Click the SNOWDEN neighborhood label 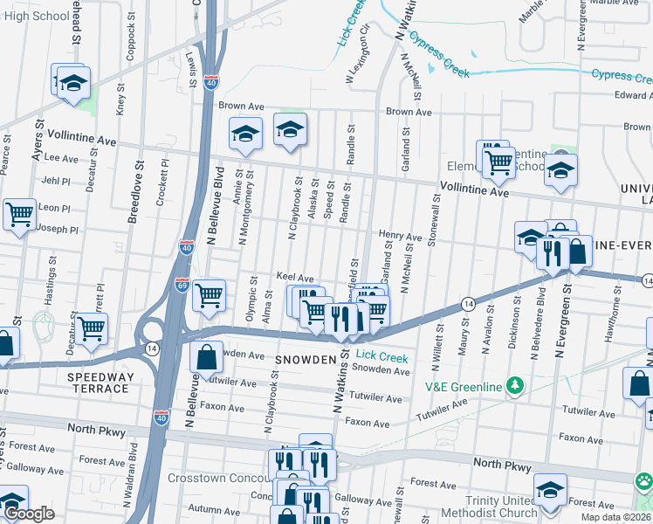click(x=307, y=360)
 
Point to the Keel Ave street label click(x=294, y=277)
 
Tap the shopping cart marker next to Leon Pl click(x=18, y=213)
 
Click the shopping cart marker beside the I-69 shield click(x=209, y=296)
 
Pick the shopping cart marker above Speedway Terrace click(x=91, y=327)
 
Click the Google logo click(x=28, y=514)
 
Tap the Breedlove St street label click(x=134, y=191)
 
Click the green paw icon click(x=645, y=480)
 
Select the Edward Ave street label click(x=632, y=95)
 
